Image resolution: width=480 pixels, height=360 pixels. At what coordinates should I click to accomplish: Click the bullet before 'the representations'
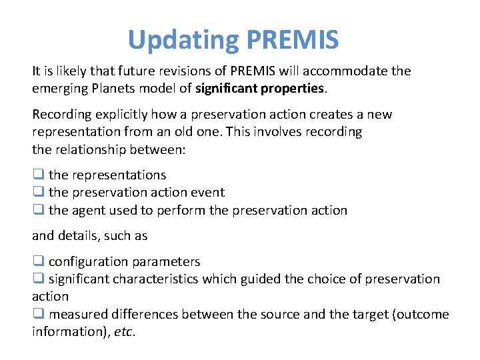[38, 175]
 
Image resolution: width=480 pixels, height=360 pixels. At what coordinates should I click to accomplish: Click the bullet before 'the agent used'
[38, 210]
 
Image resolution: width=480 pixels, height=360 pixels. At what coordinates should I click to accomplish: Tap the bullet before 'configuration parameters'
[38, 262]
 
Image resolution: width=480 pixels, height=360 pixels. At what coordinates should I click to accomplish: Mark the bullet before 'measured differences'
[38, 314]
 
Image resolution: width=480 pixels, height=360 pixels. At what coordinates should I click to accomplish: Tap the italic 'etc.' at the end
[124, 331]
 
